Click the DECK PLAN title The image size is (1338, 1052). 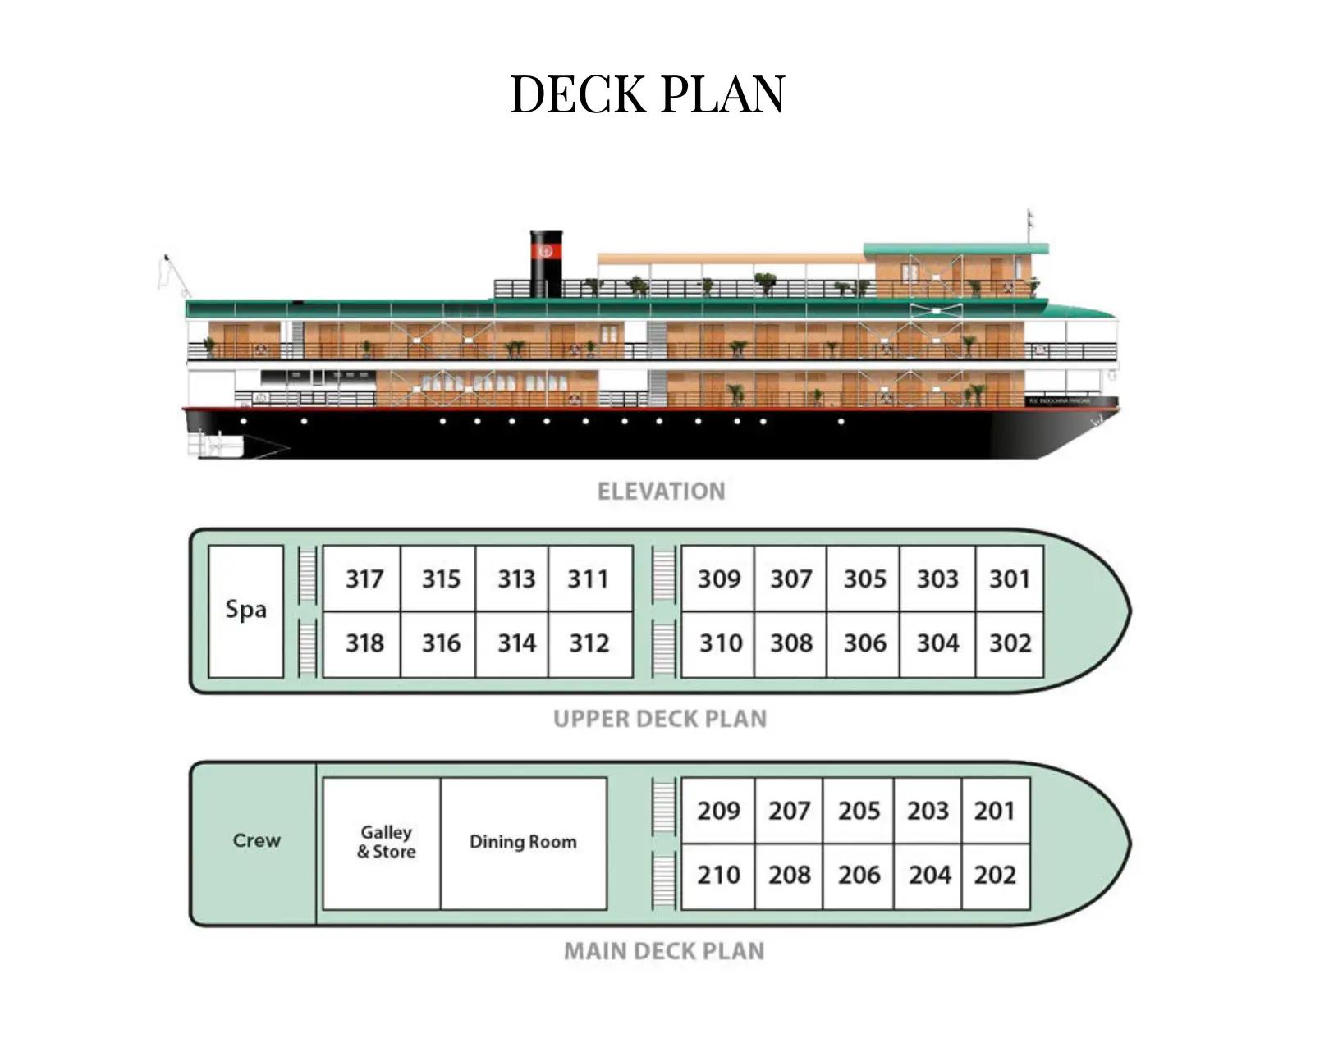pyautogui.click(x=648, y=94)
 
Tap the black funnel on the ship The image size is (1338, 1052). pyautogui.click(x=546, y=263)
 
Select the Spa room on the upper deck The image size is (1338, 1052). pyautogui.click(x=246, y=610)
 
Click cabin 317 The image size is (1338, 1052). pyautogui.click(x=364, y=579)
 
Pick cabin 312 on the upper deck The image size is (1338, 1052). pyautogui.click(x=589, y=643)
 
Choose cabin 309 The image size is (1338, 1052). pyautogui.click(x=718, y=579)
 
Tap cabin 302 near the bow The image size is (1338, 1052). pyautogui.click(x=1010, y=643)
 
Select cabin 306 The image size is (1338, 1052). pyautogui.click(x=864, y=643)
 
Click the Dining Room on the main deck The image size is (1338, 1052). pyautogui.click(x=523, y=843)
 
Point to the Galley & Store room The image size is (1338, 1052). pyautogui.click(x=386, y=843)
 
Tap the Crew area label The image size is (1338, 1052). pyautogui.click(x=256, y=841)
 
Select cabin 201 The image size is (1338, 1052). pyautogui.click(x=994, y=812)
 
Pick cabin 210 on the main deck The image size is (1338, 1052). pyautogui.click(x=718, y=876)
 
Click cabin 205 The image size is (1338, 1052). pyautogui.click(x=859, y=812)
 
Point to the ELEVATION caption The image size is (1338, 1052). pyautogui.click(x=661, y=492)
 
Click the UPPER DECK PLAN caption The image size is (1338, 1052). pyautogui.click(x=660, y=720)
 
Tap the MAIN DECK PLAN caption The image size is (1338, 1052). pyautogui.click(x=664, y=952)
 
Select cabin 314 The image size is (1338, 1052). pyautogui.click(x=516, y=643)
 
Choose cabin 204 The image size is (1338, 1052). pyautogui.click(x=929, y=876)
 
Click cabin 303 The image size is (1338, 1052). pyautogui.click(x=937, y=579)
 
